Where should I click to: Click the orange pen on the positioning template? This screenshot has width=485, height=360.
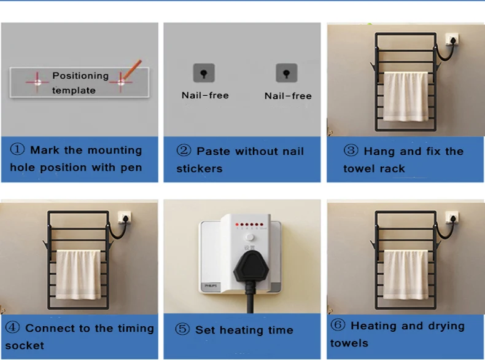[x=131, y=69]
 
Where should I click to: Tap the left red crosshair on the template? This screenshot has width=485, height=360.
[x=37, y=82]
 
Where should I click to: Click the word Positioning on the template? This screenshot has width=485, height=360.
[x=80, y=76]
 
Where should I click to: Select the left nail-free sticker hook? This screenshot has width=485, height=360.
[x=204, y=73]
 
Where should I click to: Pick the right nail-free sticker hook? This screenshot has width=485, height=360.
[x=287, y=73]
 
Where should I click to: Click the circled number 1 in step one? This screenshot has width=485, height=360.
[x=17, y=149]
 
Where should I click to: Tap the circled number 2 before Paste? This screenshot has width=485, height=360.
[x=184, y=151]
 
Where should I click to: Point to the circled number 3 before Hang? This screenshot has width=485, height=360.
[x=351, y=151]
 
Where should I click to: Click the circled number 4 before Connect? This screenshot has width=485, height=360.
[x=13, y=327]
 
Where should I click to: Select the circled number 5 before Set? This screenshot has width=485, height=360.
[x=182, y=329]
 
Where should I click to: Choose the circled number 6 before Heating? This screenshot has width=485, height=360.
[x=338, y=325]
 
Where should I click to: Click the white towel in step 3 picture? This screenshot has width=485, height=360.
[x=406, y=96]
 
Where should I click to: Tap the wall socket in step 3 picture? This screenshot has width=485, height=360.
[x=452, y=39]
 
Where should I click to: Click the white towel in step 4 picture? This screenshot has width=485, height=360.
[x=78, y=275]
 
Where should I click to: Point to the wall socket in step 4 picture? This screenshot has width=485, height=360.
[x=125, y=217]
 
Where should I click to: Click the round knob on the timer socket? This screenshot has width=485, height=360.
[x=250, y=237]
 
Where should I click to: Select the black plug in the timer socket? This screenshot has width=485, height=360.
[x=251, y=268]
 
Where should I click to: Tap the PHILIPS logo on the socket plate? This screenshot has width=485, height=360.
[x=211, y=286]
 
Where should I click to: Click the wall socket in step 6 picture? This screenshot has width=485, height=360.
[x=452, y=217]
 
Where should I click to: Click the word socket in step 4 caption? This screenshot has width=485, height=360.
[x=25, y=345]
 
